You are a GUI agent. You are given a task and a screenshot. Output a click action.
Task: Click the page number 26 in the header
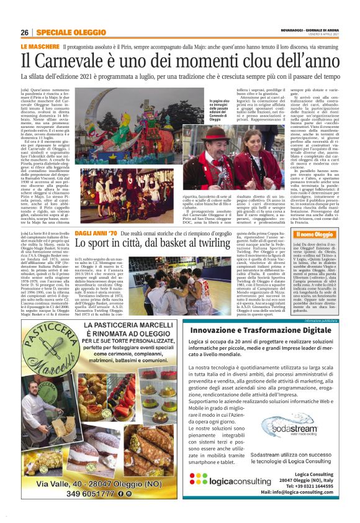pyautogui.click(x=24, y=33)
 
